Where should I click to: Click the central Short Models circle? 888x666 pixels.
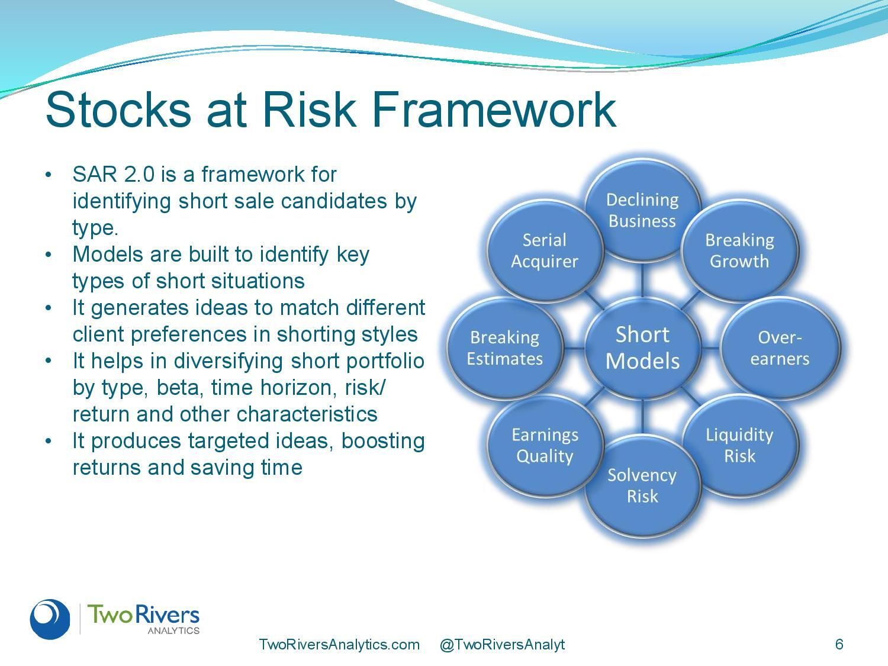click(642, 348)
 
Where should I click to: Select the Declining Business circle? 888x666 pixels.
click(642, 210)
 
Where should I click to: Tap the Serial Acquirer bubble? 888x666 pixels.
click(545, 250)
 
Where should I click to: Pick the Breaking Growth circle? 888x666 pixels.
click(740, 250)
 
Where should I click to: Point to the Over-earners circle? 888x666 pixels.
click(780, 348)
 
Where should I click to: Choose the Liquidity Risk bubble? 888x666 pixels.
click(740, 446)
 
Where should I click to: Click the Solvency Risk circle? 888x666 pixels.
click(642, 486)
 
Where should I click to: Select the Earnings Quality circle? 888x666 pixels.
click(545, 446)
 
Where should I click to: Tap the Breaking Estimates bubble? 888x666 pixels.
click(504, 348)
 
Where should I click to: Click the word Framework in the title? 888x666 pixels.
click(494, 110)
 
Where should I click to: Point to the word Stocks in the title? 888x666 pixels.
click(118, 110)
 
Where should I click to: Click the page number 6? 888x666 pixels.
click(839, 644)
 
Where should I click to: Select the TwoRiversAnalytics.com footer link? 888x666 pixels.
click(339, 644)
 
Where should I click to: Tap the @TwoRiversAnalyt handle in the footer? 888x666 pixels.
click(502, 644)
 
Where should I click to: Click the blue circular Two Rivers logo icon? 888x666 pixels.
click(50, 619)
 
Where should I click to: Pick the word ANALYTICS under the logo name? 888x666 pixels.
click(173, 630)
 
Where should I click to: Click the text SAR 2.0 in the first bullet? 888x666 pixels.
click(114, 175)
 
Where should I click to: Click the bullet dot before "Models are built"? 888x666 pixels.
click(49, 255)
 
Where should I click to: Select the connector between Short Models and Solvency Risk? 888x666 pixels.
click(642, 417)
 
